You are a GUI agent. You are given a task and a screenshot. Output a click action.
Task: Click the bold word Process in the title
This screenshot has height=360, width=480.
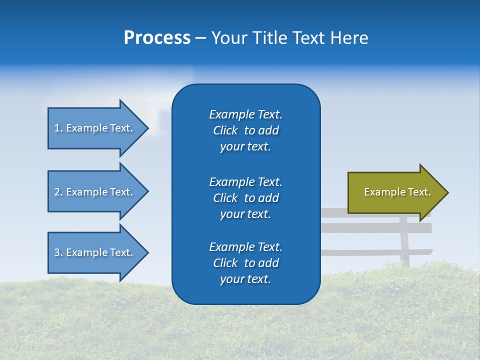[x=157, y=38]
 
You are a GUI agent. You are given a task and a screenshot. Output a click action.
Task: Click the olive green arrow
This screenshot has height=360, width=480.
[x=395, y=192]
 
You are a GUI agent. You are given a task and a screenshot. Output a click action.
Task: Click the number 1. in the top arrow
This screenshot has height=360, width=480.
[x=58, y=128]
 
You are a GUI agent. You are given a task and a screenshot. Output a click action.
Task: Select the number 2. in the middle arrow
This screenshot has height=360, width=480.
[x=58, y=192]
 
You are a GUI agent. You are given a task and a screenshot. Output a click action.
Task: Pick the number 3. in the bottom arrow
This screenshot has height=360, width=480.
[x=58, y=252]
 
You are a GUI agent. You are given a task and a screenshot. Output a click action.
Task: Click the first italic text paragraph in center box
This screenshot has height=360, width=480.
[x=245, y=130]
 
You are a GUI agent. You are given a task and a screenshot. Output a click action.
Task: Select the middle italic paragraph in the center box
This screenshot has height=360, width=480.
[x=245, y=198]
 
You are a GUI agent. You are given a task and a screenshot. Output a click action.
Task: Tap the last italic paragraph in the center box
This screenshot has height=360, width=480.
[x=245, y=263]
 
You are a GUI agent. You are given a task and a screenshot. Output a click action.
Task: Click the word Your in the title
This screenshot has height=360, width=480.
[x=230, y=38]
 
